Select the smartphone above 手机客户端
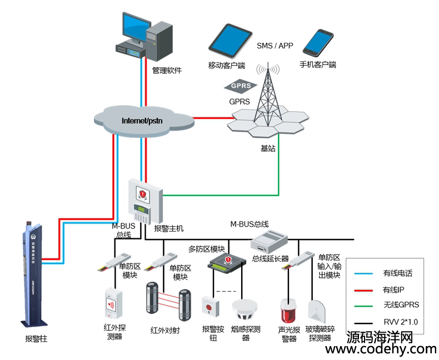(318, 43)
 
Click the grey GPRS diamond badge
(240, 86)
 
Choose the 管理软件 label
(167, 71)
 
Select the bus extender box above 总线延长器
(270, 242)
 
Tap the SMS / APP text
(275, 46)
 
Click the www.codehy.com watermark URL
(381, 349)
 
